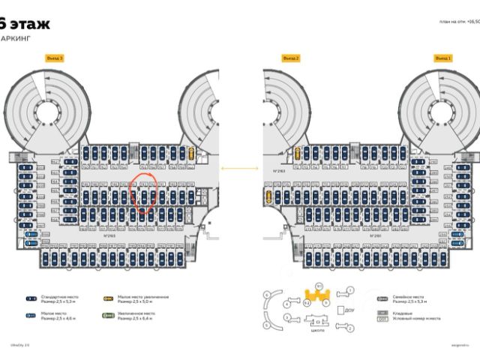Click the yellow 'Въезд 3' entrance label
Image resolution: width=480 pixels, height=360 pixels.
(55, 58)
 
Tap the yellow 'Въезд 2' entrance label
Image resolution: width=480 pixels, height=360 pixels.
(291, 58)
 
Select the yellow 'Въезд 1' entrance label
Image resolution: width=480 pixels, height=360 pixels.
(444, 58)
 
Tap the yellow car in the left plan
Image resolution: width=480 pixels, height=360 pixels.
(192, 154)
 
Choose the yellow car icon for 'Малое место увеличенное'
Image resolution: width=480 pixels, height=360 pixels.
(108, 298)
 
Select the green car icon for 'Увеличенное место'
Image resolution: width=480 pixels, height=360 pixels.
(108, 316)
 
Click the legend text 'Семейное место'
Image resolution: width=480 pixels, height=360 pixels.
(405, 296)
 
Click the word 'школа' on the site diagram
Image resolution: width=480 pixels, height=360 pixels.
(318, 329)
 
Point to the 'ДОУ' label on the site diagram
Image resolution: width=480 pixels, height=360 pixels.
(349, 309)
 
